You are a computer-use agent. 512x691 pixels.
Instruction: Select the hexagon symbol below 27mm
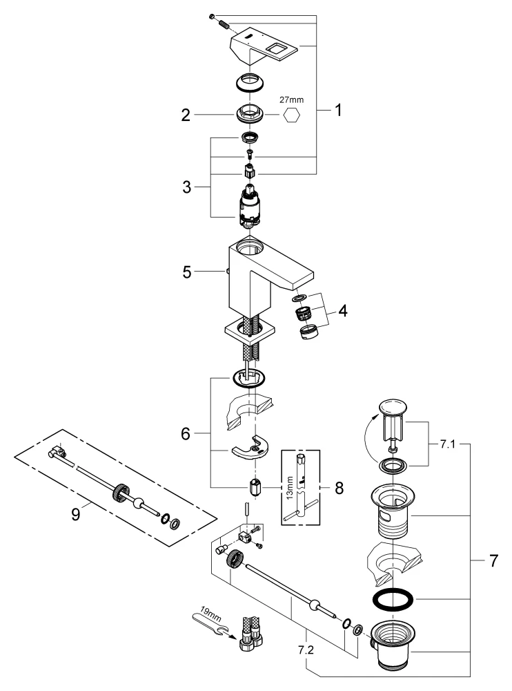coord(293,116)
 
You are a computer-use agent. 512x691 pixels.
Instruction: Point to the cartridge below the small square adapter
coord(250,207)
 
